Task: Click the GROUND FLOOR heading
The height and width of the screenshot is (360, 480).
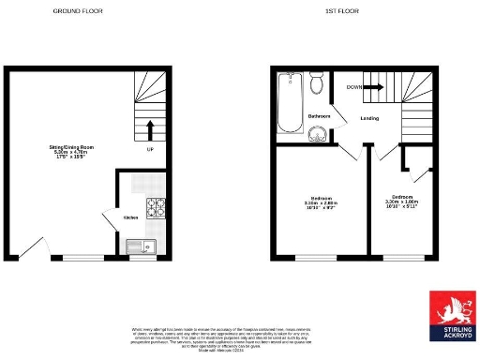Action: [78, 10]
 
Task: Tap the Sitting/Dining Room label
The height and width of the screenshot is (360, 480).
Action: [72, 152]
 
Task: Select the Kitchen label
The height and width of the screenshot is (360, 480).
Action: [130, 217]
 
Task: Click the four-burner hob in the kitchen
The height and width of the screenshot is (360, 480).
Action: [153, 207]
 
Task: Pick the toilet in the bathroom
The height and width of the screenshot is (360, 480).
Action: [317, 88]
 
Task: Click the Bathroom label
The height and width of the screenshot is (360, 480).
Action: [320, 116]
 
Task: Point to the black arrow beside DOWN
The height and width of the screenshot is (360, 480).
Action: [373, 87]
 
